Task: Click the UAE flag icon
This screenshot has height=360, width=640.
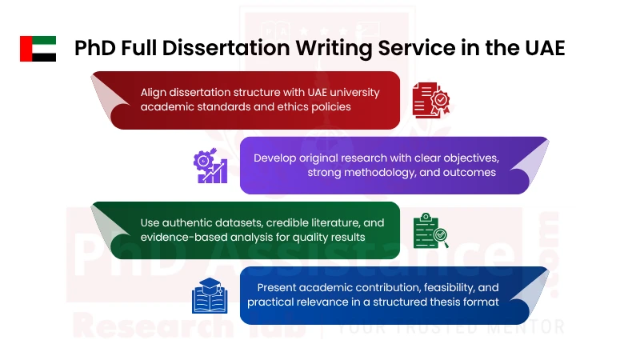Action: click(x=38, y=49)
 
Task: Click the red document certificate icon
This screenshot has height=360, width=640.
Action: click(x=430, y=100)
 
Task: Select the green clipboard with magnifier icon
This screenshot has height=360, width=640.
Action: click(x=430, y=230)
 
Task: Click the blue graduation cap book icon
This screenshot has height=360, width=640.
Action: click(x=210, y=295)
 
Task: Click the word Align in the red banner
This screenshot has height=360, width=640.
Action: click(x=154, y=92)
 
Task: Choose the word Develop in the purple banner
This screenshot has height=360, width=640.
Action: click(x=276, y=158)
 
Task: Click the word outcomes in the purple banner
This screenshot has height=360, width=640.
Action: click(x=470, y=172)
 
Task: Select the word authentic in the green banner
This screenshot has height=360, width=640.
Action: click(x=192, y=222)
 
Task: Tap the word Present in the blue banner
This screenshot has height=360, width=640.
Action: click(x=278, y=287)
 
